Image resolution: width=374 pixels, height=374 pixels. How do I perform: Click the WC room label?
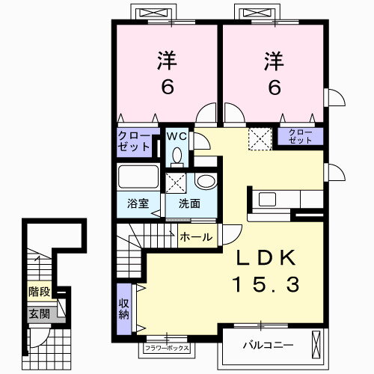coord(177,136)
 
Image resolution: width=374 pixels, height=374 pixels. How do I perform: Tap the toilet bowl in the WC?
coord(177,157)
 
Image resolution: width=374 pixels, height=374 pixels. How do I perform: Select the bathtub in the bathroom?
coord(138,177)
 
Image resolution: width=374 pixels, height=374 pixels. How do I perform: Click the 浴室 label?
coord(138,203)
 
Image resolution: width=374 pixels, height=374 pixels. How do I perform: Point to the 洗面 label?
coord(189,203)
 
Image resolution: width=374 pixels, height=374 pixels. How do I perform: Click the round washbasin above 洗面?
coord(206,181)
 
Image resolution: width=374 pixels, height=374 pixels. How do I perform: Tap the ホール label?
coord(196,237)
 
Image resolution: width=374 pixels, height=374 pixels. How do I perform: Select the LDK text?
coord(266,258)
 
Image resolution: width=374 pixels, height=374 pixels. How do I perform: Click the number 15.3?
coord(266,285)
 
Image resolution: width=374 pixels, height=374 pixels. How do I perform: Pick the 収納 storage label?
coord(124,309)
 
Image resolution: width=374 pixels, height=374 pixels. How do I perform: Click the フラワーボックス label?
coord(167,348)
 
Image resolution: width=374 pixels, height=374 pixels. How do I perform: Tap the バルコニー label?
coord(269,346)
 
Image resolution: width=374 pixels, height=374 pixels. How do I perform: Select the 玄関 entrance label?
coord(40,314)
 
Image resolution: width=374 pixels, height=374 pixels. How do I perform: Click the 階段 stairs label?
coord(40,291)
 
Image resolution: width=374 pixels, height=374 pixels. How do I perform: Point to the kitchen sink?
coord(267,200)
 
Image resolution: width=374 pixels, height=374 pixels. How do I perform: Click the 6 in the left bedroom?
coord(168,88)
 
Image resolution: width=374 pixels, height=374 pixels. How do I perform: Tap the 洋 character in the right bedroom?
coord(275,61)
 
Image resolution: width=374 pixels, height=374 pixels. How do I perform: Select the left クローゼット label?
coord(134,141)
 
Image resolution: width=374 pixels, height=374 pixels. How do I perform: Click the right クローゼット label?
coord(301,136)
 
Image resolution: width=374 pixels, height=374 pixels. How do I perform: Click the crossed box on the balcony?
coord(316,345)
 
